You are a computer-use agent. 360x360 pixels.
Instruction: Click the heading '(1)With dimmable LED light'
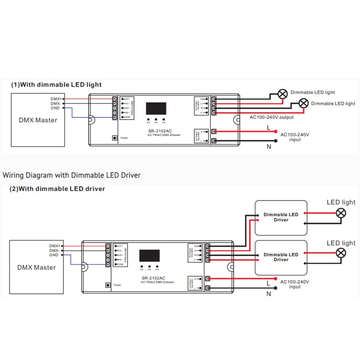coord(57,85)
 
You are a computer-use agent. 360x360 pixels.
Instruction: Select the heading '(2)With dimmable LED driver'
coord(57,189)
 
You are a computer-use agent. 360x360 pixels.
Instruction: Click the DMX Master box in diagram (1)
coord(37,120)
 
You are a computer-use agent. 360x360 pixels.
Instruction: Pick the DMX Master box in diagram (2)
coord(36,267)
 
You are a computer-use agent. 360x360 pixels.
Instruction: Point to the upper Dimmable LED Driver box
coord(281,217)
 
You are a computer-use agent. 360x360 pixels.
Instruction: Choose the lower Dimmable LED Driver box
coord(281,257)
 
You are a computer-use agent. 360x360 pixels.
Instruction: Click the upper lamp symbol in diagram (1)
coord(283,94)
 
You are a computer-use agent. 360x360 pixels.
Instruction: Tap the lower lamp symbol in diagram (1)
coord(304,103)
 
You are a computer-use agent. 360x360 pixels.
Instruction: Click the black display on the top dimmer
coord(156,108)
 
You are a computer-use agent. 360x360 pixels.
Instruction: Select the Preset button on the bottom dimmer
coord(108,285)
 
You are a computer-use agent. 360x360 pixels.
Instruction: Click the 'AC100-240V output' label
coord(271,117)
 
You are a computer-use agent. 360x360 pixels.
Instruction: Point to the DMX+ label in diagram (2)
coord(54,246)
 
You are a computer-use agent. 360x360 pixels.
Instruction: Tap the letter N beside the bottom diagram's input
coord(269,294)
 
